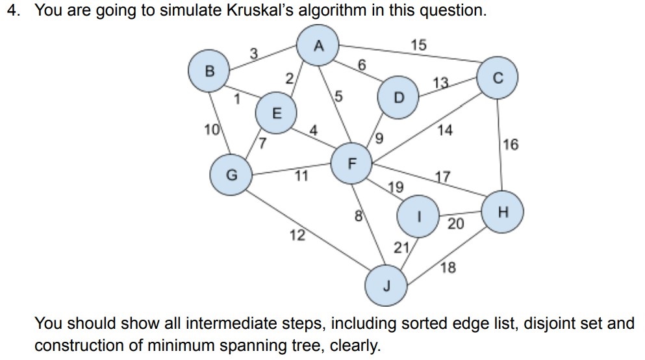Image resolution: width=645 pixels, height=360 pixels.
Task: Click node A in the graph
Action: pos(318,45)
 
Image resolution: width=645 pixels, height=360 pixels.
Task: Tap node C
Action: pos(498,79)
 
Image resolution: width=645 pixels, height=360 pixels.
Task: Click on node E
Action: pos(277,113)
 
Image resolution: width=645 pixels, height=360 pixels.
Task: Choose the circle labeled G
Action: pos(231,175)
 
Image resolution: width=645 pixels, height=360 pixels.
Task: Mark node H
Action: pos(503,212)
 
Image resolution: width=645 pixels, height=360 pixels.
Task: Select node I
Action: pos(420,216)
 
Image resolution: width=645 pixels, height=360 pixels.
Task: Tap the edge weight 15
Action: pos(420,45)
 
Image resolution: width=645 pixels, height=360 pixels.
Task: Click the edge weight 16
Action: pos(511,144)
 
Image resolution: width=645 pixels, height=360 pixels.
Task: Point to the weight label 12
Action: pos(297,235)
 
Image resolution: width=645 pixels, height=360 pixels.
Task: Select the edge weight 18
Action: pos(448,267)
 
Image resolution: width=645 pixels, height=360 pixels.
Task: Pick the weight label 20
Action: pos(456,224)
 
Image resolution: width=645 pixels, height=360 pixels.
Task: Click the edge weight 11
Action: pos(301,175)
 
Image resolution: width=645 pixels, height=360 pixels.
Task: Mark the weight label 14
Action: pos(445,130)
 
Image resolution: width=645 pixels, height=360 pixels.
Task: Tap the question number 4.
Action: pos(12,12)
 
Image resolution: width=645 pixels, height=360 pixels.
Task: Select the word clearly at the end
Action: pos(357,345)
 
